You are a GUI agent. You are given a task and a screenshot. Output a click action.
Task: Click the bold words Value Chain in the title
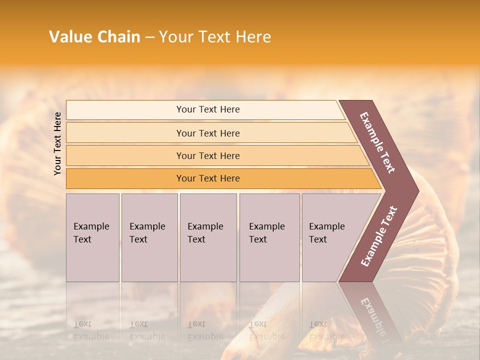[94, 37]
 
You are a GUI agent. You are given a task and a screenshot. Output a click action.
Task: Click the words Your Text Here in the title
[215, 37]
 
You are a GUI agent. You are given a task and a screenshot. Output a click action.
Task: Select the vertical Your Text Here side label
[57, 143]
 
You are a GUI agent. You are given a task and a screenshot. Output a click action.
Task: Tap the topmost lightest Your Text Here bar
[207, 109]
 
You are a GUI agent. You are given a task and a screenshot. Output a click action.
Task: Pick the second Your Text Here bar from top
[207, 133]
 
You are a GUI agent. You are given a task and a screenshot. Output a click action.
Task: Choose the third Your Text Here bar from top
[207, 155]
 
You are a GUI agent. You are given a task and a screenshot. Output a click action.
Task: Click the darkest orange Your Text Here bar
[207, 178]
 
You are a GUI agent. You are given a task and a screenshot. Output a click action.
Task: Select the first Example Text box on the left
[92, 237]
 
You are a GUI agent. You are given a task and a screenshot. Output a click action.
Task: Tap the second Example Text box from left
[149, 237]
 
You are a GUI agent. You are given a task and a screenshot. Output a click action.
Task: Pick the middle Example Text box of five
[208, 237]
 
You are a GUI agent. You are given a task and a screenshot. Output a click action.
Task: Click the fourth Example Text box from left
[269, 237]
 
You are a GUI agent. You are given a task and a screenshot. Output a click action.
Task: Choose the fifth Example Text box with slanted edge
[330, 237]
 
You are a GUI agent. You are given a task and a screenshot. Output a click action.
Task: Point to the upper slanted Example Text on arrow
[377, 142]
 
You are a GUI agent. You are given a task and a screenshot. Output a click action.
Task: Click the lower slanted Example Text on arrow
[378, 236]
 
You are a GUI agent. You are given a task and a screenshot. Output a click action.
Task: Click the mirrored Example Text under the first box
[91, 330]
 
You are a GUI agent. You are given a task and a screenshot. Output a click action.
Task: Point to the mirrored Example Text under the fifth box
[326, 330]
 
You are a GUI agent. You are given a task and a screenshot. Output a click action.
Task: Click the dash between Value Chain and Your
[149, 37]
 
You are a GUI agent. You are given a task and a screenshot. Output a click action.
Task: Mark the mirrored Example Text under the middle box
[205, 330]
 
